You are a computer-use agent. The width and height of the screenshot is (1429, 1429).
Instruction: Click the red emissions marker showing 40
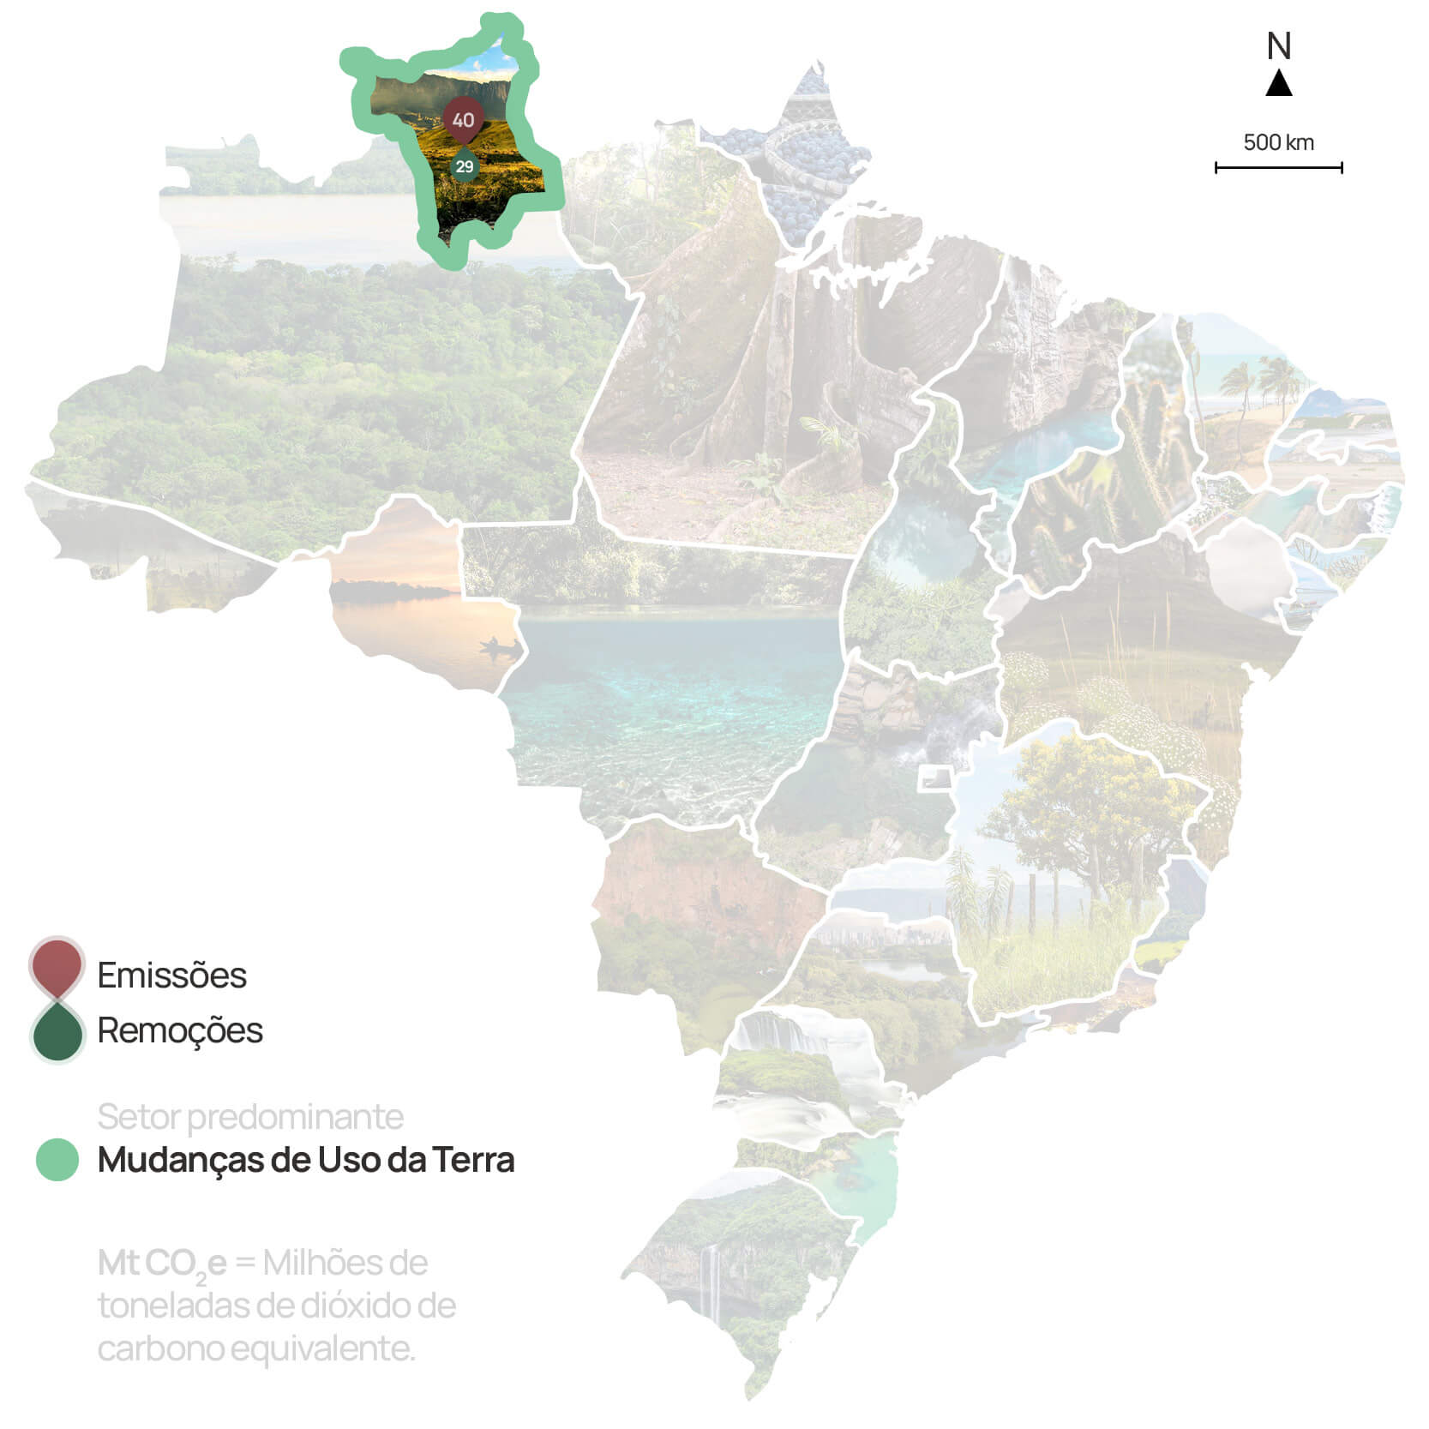click(463, 119)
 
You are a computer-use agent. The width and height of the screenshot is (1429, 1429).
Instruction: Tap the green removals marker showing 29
click(465, 165)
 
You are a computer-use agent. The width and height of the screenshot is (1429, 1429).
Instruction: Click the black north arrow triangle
click(1279, 84)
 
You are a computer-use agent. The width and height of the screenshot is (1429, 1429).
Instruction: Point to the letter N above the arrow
click(1279, 46)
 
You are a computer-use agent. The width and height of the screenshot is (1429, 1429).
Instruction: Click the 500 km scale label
click(1278, 142)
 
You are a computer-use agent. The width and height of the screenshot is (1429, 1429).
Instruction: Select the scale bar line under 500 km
click(1278, 168)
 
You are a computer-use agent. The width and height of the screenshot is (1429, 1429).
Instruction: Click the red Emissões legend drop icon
click(57, 965)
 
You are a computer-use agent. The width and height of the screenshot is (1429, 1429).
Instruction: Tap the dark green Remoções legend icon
click(57, 1033)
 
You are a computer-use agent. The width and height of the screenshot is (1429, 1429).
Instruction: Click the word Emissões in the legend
click(171, 976)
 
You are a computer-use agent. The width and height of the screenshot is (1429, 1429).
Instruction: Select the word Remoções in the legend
click(180, 1030)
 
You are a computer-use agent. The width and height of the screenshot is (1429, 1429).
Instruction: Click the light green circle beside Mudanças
click(57, 1160)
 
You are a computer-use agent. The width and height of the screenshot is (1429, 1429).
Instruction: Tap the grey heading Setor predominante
click(250, 1117)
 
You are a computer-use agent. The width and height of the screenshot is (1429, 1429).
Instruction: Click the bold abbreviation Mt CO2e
click(163, 1264)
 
